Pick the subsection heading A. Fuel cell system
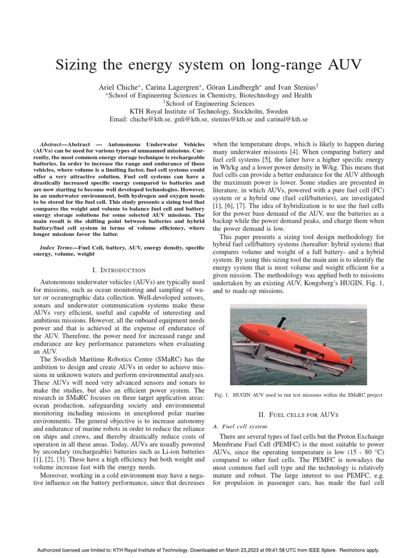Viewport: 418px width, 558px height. click(241, 426)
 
